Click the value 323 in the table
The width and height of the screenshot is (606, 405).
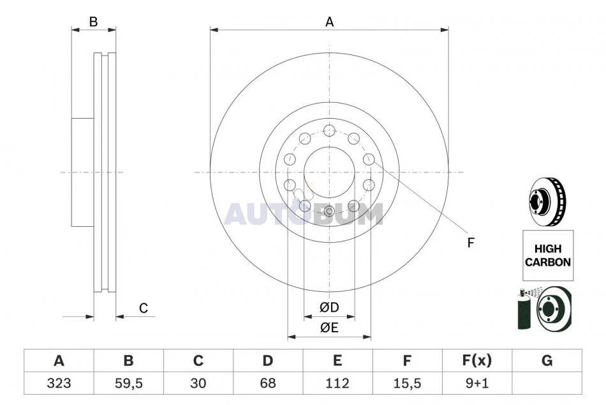point(59,383)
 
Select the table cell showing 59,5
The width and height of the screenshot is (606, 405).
point(129,383)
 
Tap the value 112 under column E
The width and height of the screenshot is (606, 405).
point(337,383)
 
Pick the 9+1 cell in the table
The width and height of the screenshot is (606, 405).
point(477,383)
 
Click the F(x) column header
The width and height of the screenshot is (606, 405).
point(477,361)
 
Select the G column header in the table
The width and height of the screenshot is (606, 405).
point(547,361)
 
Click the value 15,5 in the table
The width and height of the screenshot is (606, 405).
point(407,383)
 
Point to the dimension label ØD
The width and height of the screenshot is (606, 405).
point(329,307)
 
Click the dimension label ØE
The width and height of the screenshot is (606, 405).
point(329,328)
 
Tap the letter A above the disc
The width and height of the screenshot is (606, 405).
point(329,22)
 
